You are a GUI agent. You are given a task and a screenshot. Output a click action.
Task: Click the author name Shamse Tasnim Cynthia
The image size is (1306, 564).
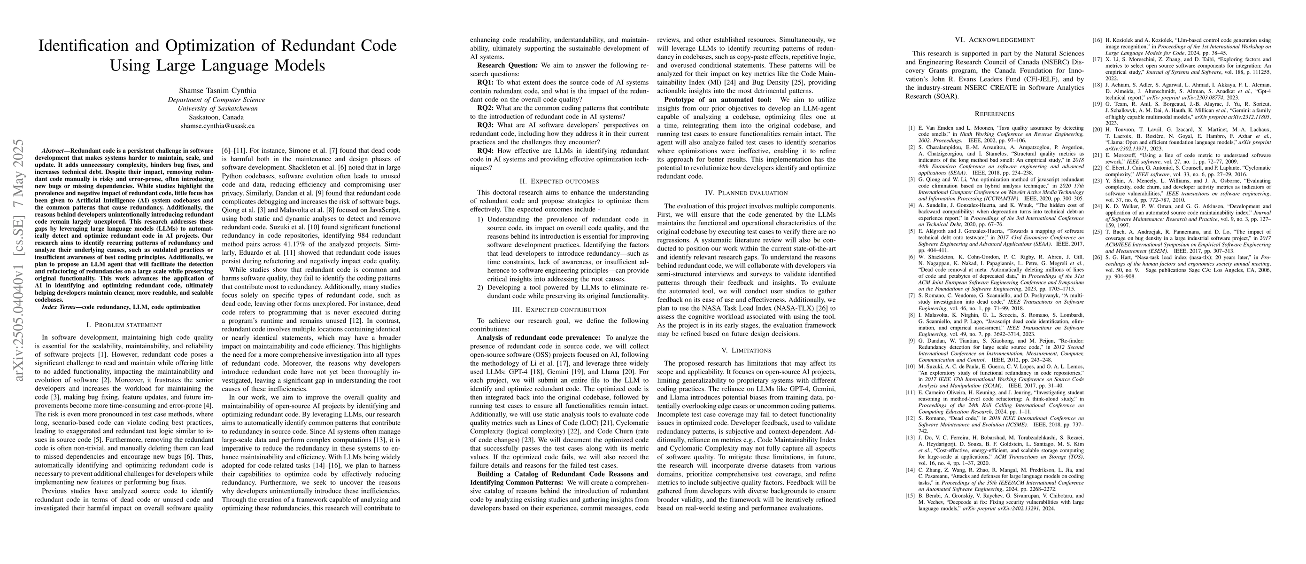(x=217, y=90)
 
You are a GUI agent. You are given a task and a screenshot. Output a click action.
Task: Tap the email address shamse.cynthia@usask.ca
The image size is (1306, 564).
(x=217, y=126)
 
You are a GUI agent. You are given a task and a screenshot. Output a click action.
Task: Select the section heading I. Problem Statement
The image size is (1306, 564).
(x=124, y=325)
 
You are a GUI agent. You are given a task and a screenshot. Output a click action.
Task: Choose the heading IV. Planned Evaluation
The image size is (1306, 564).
(x=746, y=193)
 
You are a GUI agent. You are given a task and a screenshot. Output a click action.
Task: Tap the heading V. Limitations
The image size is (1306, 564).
(x=746, y=351)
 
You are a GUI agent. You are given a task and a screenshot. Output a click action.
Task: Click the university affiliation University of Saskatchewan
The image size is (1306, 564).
(x=217, y=108)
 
